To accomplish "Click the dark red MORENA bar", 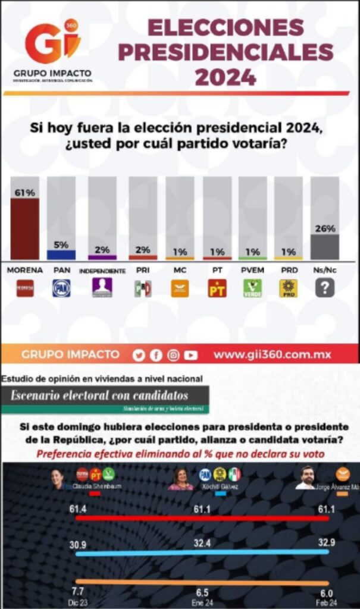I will [25, 229].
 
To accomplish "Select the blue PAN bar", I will [61, 255].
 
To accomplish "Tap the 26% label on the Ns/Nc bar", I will [325, 228].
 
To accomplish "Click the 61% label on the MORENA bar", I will [25, 193].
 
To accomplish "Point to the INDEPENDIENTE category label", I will [102, 271].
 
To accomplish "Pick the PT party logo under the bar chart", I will [217, 288].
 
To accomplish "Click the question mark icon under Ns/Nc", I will [325, 288].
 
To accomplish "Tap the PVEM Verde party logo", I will [253, 288].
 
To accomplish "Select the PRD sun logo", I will [289, 288].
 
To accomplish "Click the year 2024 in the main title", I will [226, 77].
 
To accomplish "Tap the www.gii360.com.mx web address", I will [272, 355].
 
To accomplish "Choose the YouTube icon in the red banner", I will [190, 356].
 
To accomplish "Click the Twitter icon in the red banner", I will [139, 356].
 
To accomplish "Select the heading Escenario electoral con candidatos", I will [99, 395].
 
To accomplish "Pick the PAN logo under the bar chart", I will [61, 288].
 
